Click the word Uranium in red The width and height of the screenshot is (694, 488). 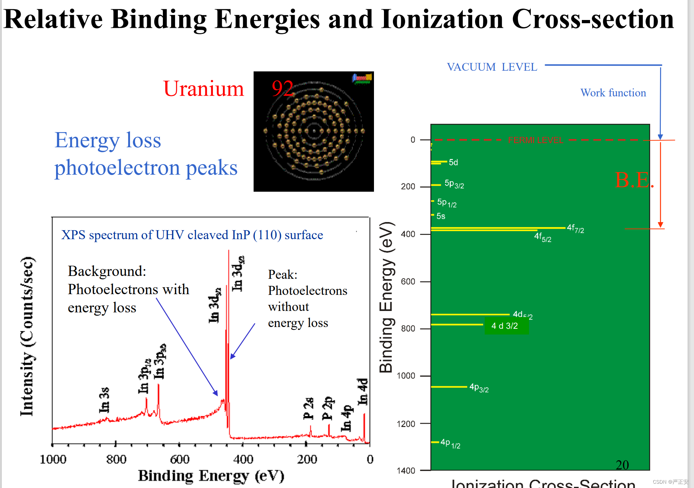pos(204,89)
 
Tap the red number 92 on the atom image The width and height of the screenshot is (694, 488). pos(282,88)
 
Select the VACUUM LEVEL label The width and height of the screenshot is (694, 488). pos(492,67)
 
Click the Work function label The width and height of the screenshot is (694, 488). pos(613,93)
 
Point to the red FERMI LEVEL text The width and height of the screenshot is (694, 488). pos(535,140)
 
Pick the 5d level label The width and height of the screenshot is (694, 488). pos(453,162)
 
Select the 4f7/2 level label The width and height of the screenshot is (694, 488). pos(575,228)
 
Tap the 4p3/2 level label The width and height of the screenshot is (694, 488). pos(479,388)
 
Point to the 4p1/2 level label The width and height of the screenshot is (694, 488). pos(450,443)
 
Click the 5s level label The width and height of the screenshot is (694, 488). pos(441,216)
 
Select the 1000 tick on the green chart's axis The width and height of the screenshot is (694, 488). pos(406,376)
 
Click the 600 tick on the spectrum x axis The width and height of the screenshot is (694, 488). pos(180,459)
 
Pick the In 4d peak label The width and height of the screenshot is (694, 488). pos(363,392)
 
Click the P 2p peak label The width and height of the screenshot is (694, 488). pos(327,408)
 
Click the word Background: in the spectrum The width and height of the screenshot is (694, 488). pos(107,271)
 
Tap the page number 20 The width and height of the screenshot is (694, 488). pos(622,465)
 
